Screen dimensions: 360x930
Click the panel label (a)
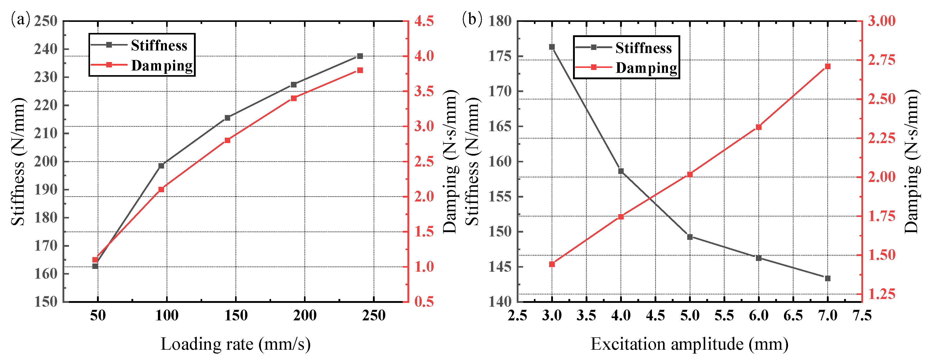(20, 19)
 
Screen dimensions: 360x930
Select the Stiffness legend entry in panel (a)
(159, 46)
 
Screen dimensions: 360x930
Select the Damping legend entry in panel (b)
(646, 68)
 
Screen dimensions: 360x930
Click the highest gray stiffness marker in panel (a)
(360, 56)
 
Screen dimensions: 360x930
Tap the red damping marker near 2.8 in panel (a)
(227, 140)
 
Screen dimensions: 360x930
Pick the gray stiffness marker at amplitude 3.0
(552, 47)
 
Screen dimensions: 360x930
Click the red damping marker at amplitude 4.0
(621, 217)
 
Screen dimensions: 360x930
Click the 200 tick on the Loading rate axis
(305, 315)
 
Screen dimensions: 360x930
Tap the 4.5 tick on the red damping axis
(424, 21)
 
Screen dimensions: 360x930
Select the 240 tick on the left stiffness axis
(46, 49)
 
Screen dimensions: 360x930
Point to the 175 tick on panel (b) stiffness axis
(500, 57)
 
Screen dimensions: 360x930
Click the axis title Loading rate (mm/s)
(235, 344)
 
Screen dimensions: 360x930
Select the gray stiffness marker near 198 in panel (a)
(161, 166)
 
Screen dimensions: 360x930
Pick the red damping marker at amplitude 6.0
(758, 127)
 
